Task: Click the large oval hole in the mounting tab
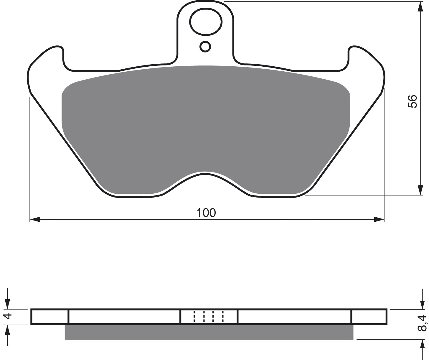click(205, 22)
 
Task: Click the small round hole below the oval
click(205, 46)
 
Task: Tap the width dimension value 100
click(206, 213)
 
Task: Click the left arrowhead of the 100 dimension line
click(35, 219)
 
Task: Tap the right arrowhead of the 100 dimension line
click(379, 219)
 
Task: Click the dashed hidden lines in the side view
click(208, 316)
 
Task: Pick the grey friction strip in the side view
click(209, 332)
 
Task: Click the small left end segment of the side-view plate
click(49, 317)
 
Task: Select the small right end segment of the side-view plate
click(369, 317)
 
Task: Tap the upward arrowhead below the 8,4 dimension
click(420, 346)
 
